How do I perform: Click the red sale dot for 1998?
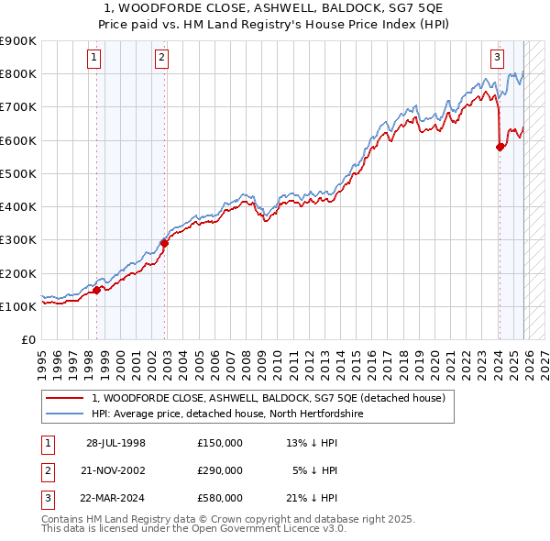97,290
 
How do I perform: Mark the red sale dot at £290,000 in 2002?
165,243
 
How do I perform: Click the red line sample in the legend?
63,398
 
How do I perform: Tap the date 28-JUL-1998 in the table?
115,443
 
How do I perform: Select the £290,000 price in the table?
220,470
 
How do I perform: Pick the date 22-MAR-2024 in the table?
115,498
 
